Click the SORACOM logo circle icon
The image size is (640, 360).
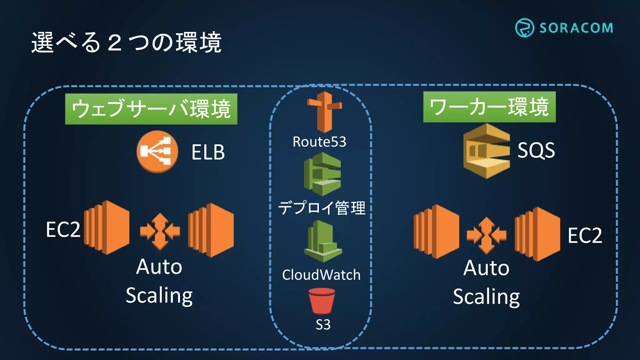[524, 28]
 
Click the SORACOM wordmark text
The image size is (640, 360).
[576, 28]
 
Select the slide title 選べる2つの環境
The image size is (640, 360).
[126, 42]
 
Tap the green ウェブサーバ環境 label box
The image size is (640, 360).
[151, 109]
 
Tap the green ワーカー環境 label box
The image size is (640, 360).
[489, 107]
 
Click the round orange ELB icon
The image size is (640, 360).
[157, 152]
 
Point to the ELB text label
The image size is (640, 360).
[208, 152]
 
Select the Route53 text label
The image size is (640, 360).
[319, 142]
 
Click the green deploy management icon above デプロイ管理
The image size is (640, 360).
[322, 174]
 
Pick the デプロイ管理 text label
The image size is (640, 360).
[322, 208]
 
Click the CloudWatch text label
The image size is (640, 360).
[321, 275]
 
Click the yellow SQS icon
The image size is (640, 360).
[486, 151]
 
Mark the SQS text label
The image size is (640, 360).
[536, 150]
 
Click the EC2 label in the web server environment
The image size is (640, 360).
[63, 230]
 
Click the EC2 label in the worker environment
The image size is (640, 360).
[584, 235]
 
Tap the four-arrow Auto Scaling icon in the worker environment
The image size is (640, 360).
[486, 235]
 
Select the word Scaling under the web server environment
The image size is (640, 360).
[159, 295]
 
